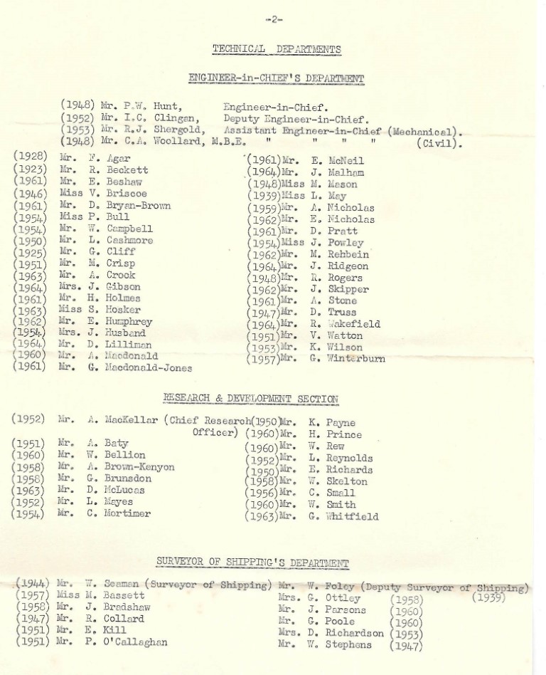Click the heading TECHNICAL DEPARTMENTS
277,49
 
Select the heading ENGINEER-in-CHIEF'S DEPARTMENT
277,78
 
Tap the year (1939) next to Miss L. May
264,196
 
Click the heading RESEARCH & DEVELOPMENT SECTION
251,399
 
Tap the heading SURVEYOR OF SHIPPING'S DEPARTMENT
253,562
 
